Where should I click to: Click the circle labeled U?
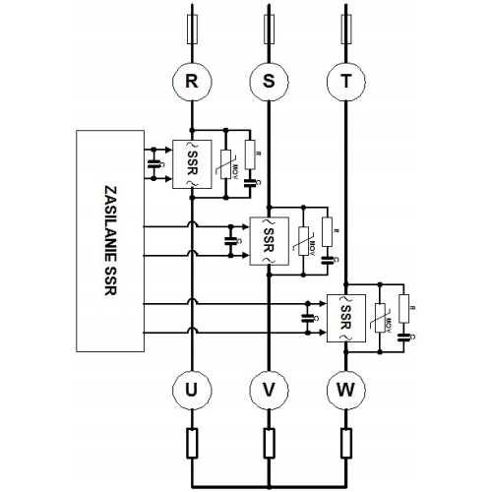[x=190, y=391]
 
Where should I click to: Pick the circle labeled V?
[x=268, y=391]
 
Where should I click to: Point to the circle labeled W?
[x=345, y=391]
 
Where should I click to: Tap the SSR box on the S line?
[x=267, y=235]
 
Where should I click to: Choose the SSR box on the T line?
[x=345, y=316]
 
